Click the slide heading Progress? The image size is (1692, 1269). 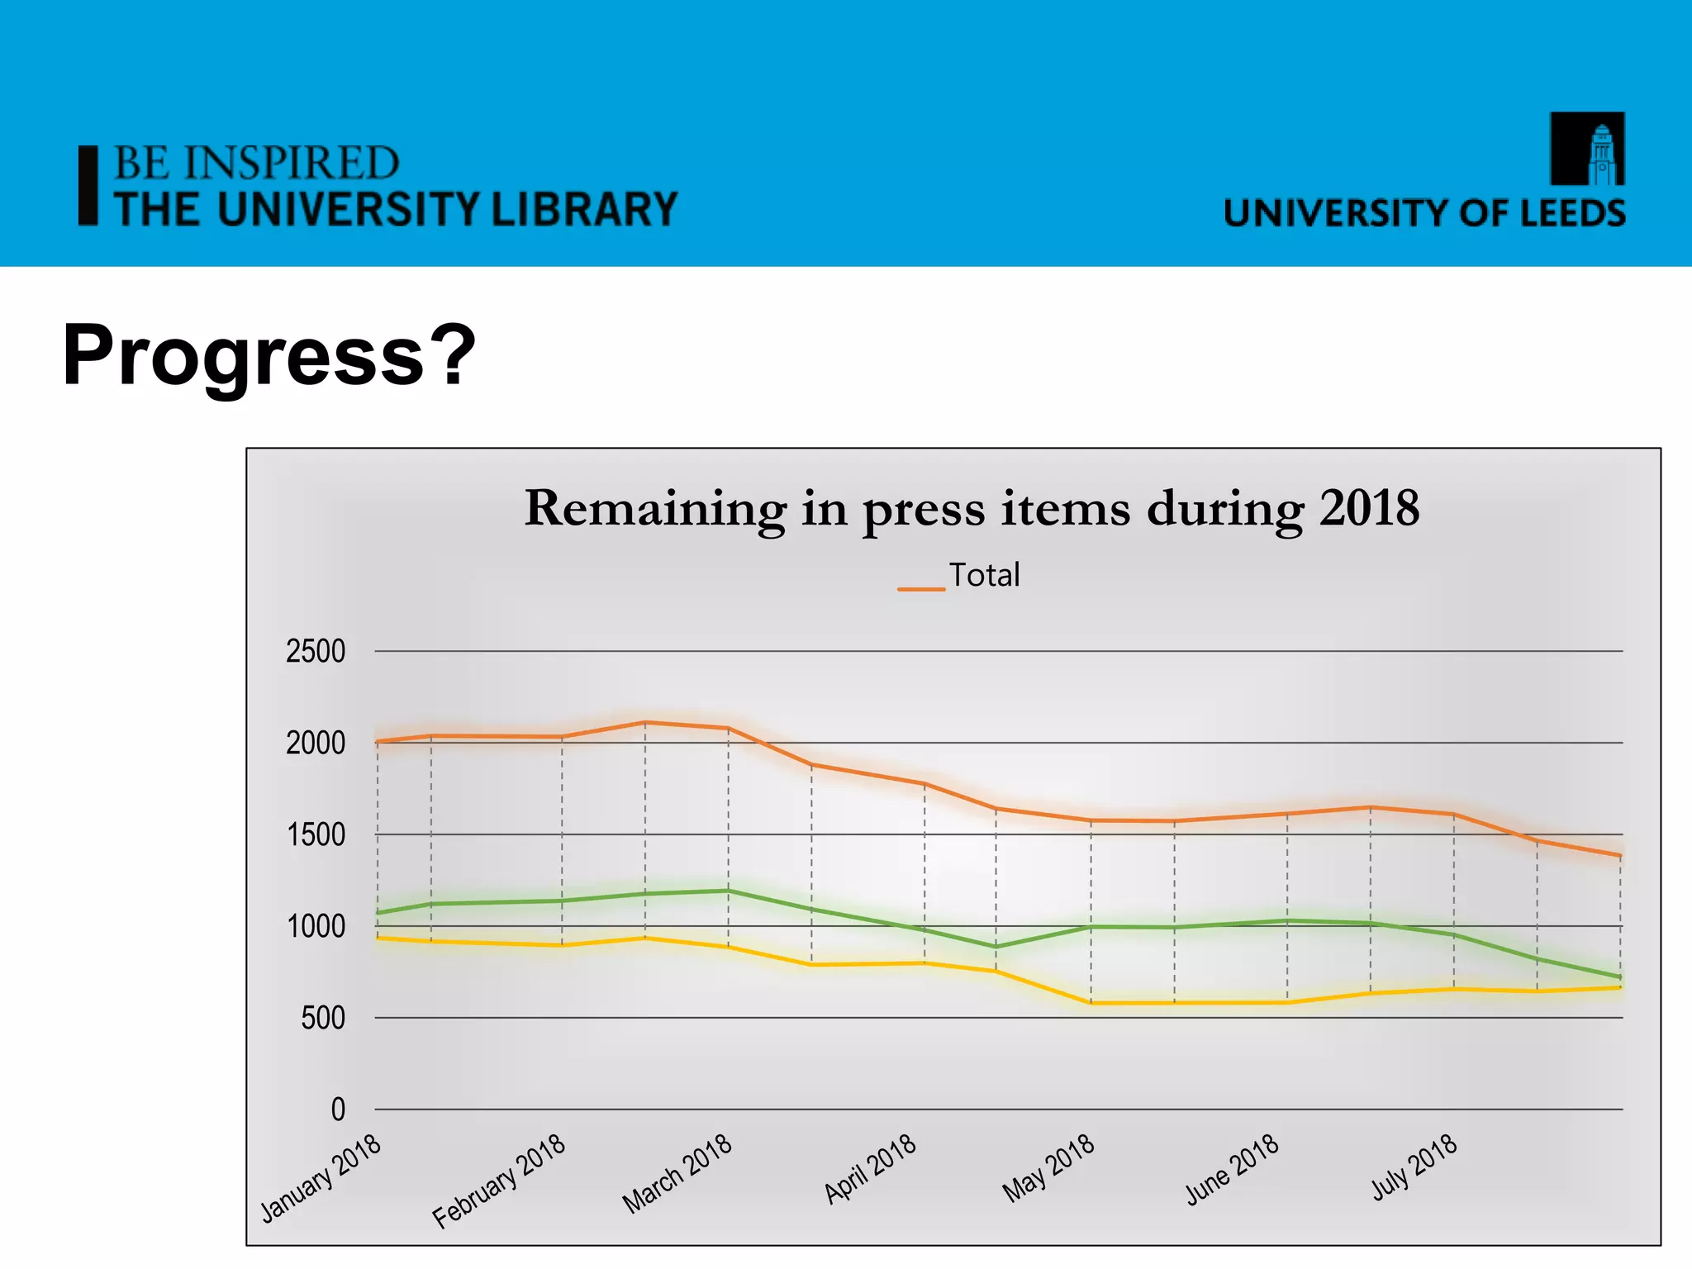(269, 355)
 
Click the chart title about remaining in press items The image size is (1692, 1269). (972, 508)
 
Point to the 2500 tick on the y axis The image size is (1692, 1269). (316, 652)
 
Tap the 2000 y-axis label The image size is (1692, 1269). (316, 744)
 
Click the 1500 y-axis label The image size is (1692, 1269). (316, 835)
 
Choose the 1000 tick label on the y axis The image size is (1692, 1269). (316, 927)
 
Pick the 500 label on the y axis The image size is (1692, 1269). (323, 1019)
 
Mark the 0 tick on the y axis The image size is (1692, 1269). (338, 1110)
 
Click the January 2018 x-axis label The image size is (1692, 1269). (321, 1178)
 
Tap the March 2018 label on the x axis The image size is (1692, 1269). (677, 1174)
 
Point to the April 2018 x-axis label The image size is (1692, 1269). (871, 1169)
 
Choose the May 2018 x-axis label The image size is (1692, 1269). (1048, 1168)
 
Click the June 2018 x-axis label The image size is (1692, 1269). (1232, 1170)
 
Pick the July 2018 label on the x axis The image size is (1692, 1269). (1414, 1167)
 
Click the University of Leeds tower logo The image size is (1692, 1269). (1587, 149)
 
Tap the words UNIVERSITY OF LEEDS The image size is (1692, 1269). (1424, 213)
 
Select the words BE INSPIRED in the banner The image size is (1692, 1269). (256, 163)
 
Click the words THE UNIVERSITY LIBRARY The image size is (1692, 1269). (396, 209)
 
